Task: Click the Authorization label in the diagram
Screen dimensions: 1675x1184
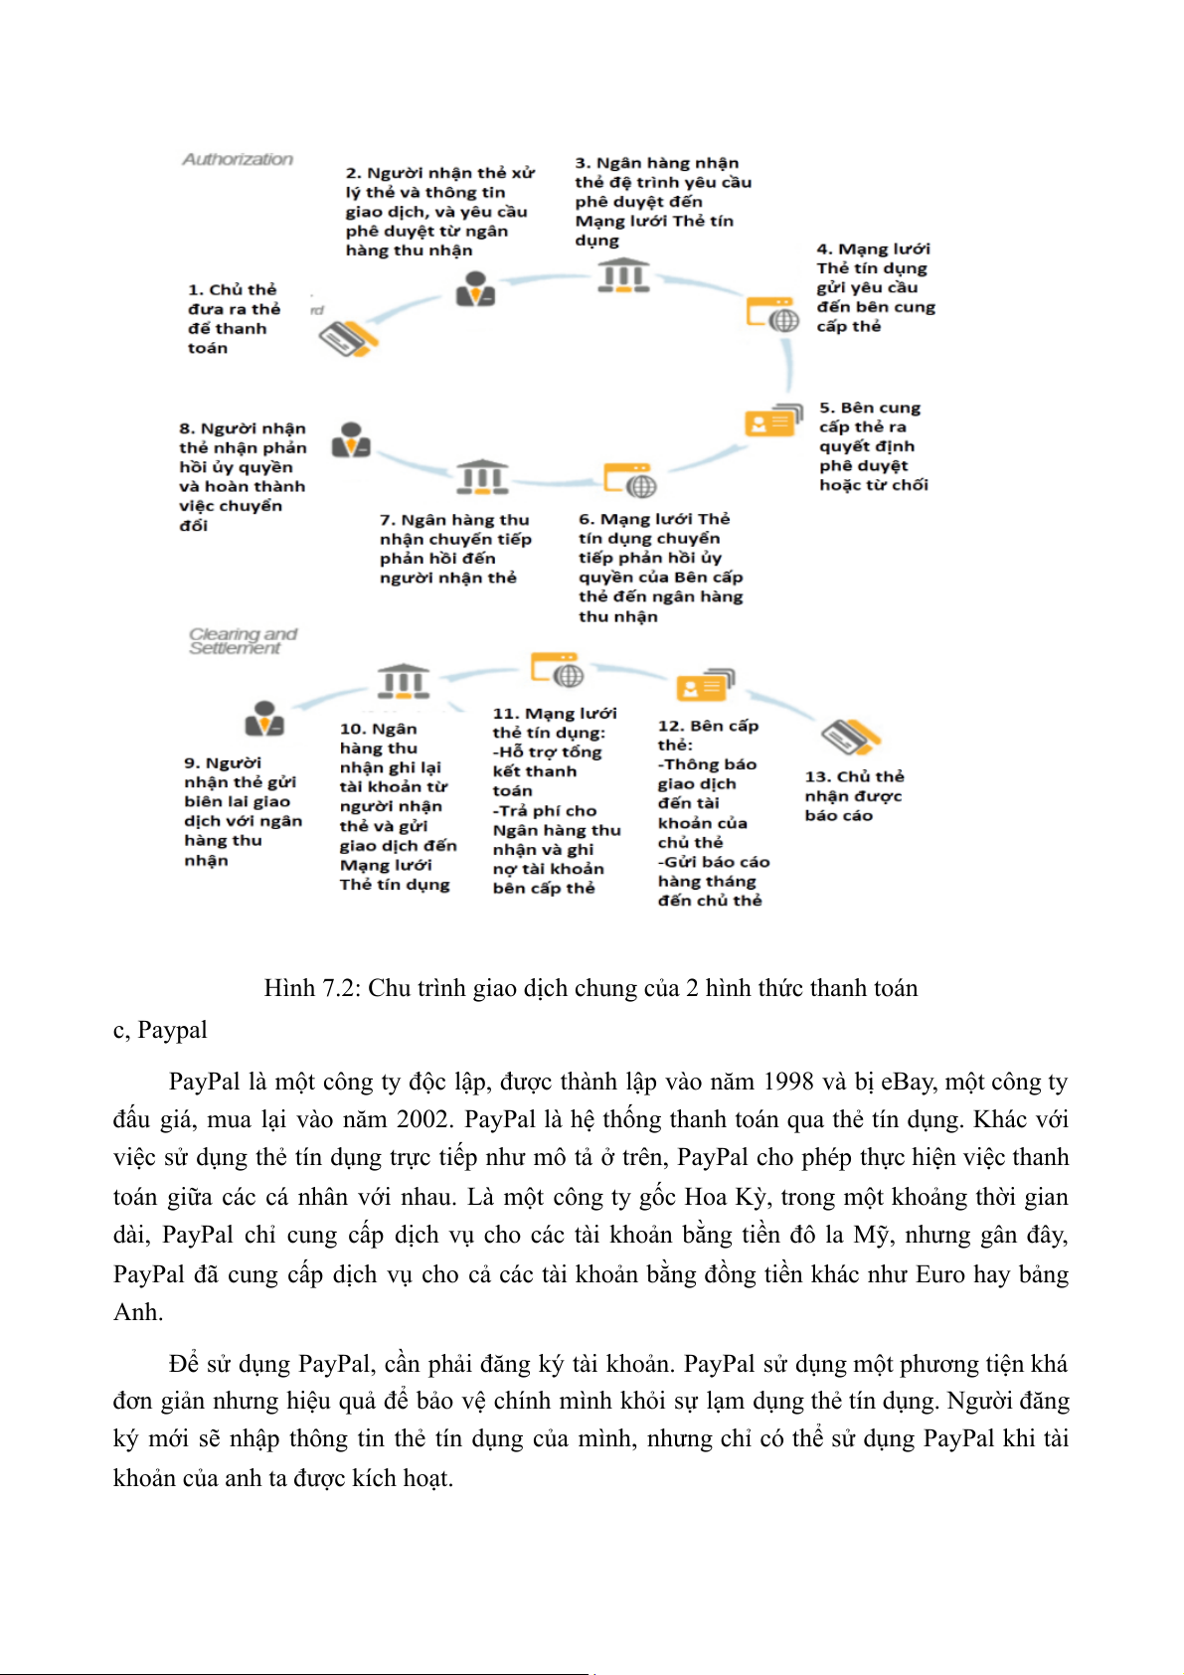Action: pos(238,159)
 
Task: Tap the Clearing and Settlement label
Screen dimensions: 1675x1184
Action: pos(243,641)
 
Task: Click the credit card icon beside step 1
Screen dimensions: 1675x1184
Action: pos(348,339)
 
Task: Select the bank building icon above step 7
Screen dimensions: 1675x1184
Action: pos(482,477)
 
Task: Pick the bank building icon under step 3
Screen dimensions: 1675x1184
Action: pos(623,275)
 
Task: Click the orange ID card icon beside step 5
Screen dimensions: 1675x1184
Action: pos(772,420)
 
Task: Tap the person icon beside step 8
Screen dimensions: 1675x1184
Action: pos(351,440)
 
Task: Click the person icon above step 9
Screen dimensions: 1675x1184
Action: pos(264,719)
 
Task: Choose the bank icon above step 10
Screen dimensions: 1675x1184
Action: pos(404,682)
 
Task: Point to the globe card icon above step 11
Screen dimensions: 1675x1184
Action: pos(557,670)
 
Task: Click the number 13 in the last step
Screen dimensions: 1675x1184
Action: pos(816,777)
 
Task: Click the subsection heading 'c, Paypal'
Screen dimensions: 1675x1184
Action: pos(160,1030)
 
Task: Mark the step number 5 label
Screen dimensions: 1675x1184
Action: pos(825,408)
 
